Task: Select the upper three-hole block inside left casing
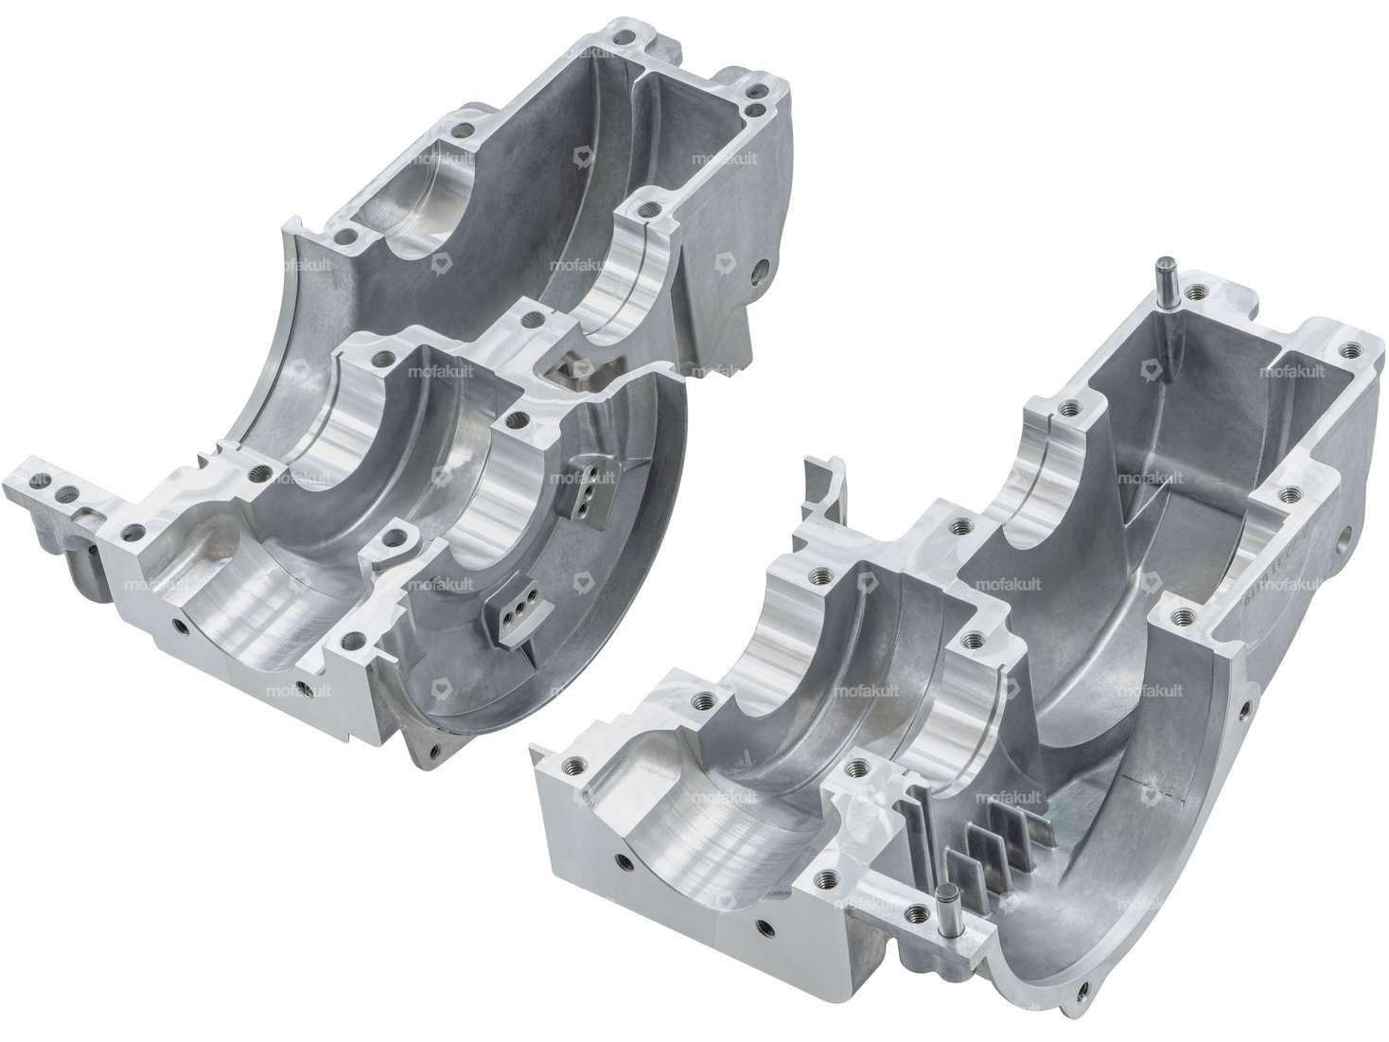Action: point(586,484)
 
